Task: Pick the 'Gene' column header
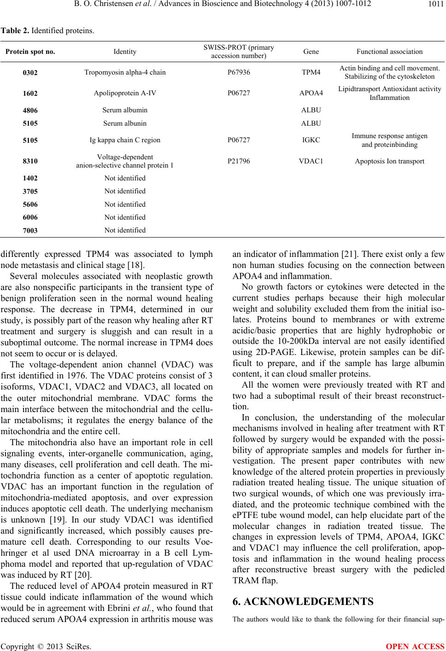click(311, 52)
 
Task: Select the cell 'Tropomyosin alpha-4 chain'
click(125, 73)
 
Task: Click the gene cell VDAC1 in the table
click(311, 161)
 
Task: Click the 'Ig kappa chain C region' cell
click(125, 140)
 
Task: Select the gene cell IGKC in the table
click(311, 140)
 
